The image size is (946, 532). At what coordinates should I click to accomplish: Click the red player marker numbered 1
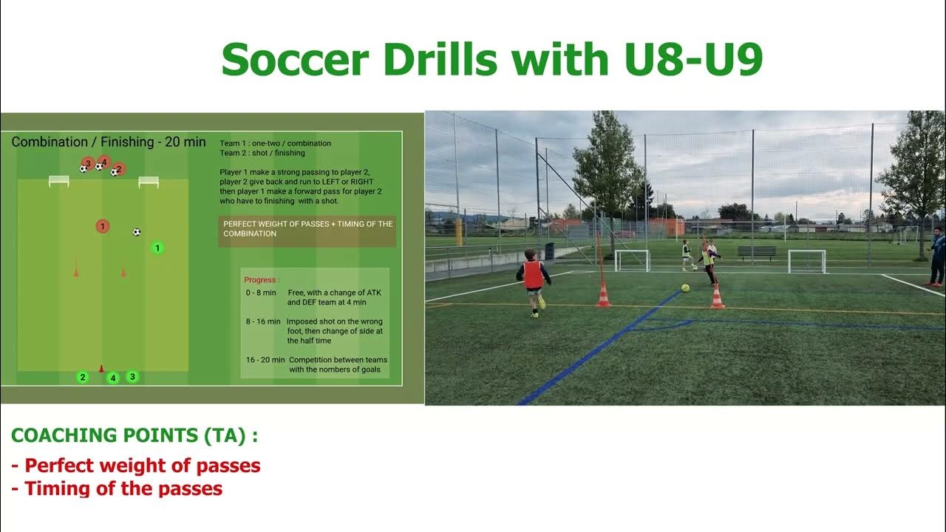point(103,226)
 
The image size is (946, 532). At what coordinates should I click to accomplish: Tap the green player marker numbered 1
point(157,248)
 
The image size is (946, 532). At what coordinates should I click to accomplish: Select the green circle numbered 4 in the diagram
point(113,378)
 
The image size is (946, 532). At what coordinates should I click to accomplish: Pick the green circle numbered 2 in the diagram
point(83,378)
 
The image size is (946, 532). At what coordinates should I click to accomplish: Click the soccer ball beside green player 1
point(137,232)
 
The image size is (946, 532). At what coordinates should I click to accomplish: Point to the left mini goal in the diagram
point(59,181)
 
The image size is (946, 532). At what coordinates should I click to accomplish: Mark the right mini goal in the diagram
point(149,181)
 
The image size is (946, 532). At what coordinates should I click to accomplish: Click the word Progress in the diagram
point(260,280)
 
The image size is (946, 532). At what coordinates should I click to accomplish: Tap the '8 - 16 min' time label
point(263,321)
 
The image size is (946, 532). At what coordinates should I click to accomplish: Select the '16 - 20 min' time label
point(265,360)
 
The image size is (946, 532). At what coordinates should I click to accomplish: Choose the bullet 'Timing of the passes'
point(123,488)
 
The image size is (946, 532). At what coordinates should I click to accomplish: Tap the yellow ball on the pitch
point(685,287)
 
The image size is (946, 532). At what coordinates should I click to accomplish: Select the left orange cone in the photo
point(603,295)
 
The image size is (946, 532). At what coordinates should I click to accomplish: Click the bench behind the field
point(756,252)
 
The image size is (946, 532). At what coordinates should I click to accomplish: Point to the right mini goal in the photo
point(806,261)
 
